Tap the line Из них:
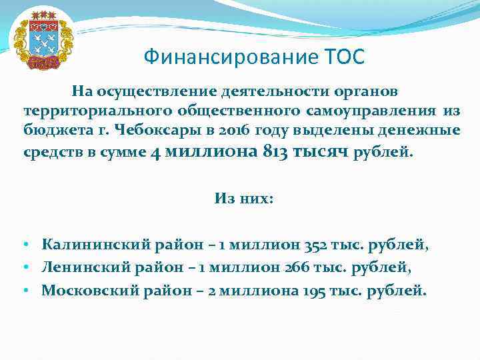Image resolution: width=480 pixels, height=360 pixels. point(244,198)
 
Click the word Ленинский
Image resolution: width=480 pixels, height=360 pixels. point(81,267)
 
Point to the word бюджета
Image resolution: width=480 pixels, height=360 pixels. point(52,130)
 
